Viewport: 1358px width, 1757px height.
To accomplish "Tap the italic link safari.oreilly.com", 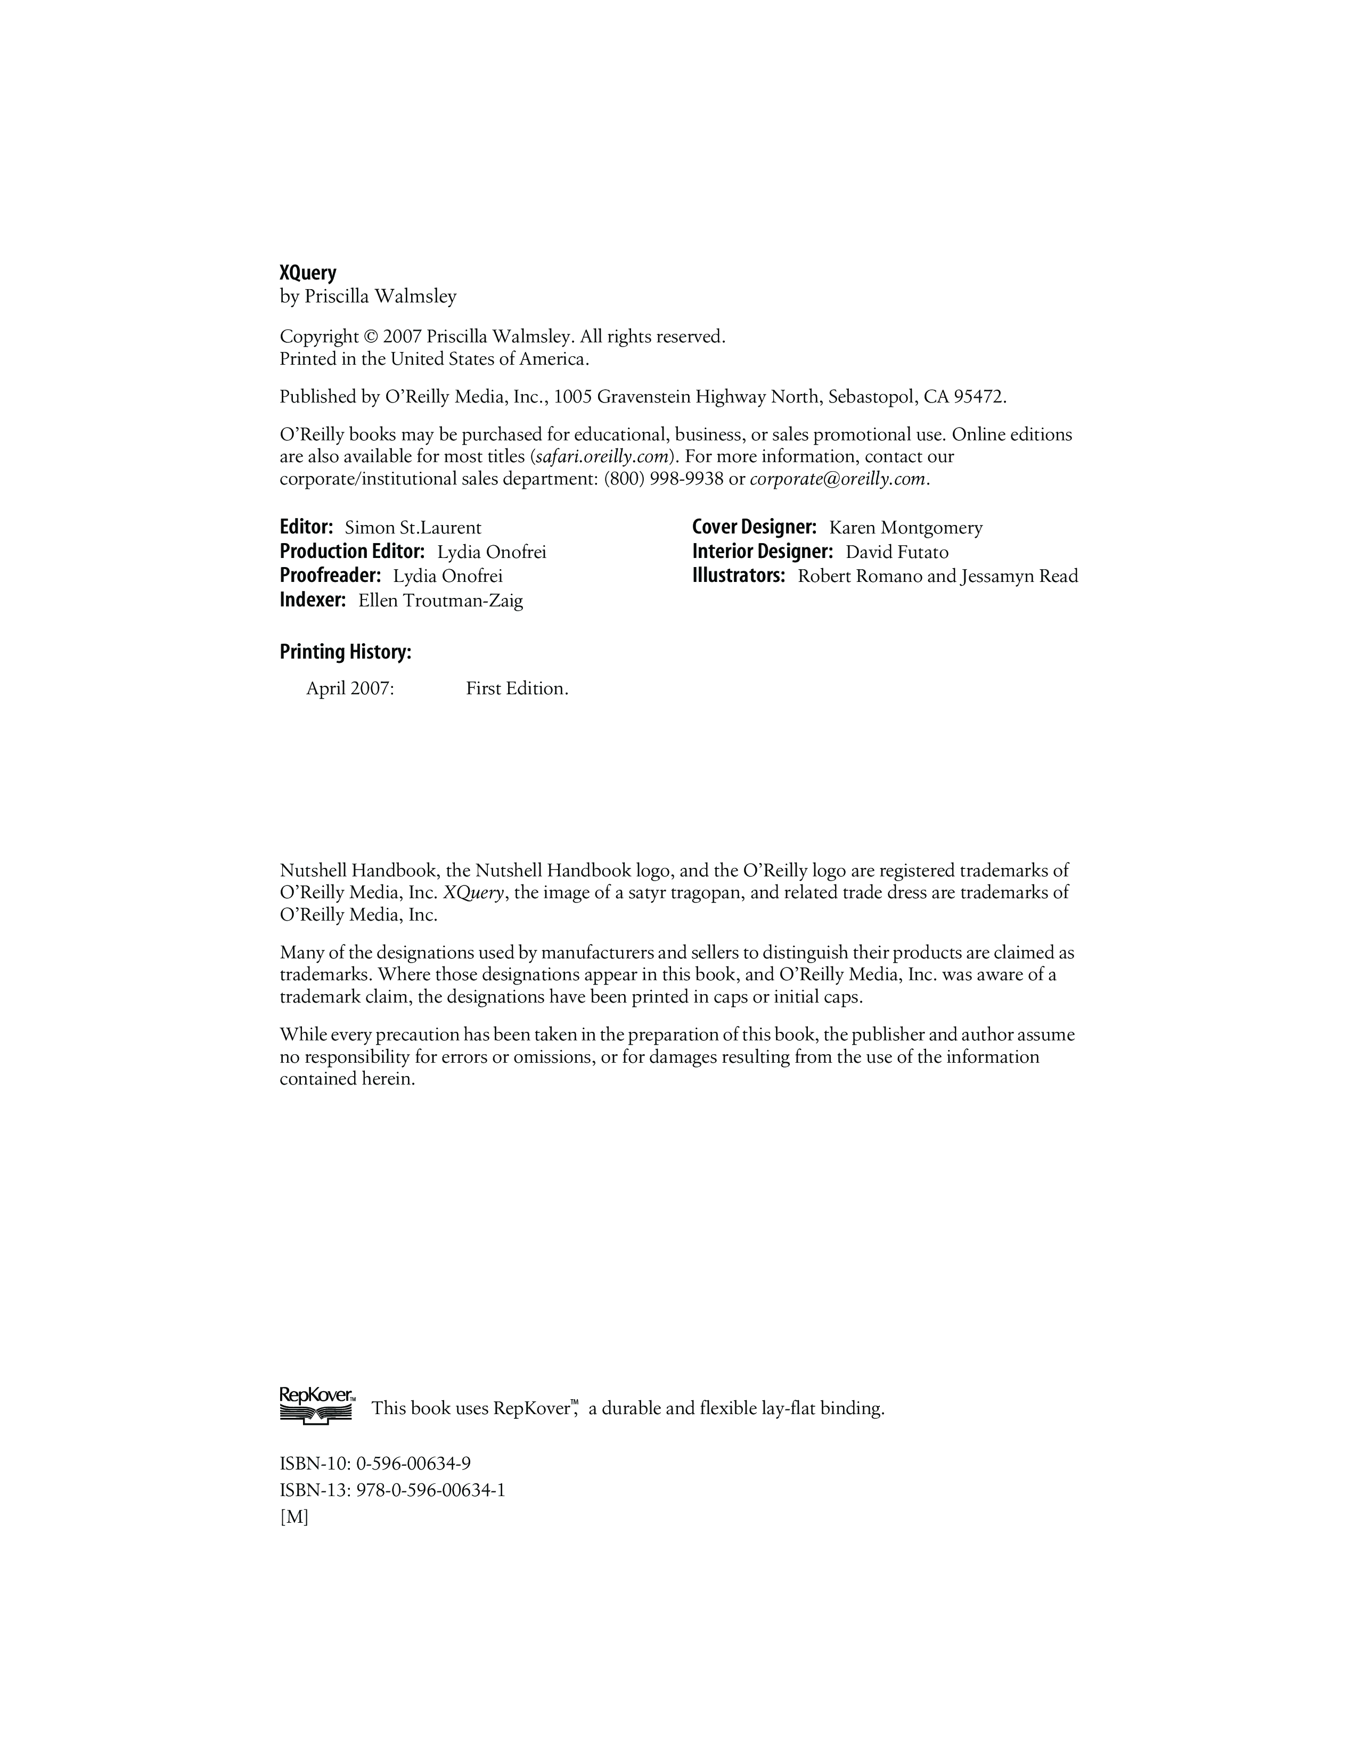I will [x=602, y=457].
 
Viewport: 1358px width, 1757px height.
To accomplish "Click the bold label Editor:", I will [x=306, y=528].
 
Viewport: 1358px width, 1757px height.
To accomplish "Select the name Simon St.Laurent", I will [x=413, y=528].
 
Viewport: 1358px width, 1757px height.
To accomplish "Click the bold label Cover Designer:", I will [x=754, y=528].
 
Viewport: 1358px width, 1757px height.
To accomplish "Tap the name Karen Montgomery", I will [x=906, y=528].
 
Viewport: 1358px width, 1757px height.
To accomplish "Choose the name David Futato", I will [x=896, y=552].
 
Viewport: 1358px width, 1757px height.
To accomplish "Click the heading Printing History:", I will [x=345, y=652].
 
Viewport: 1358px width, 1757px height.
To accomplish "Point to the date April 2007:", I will [x=350, y=688].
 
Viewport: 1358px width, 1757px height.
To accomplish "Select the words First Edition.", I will [x=517, y=688].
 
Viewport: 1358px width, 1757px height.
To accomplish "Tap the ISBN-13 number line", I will [x=392, y=1490].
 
